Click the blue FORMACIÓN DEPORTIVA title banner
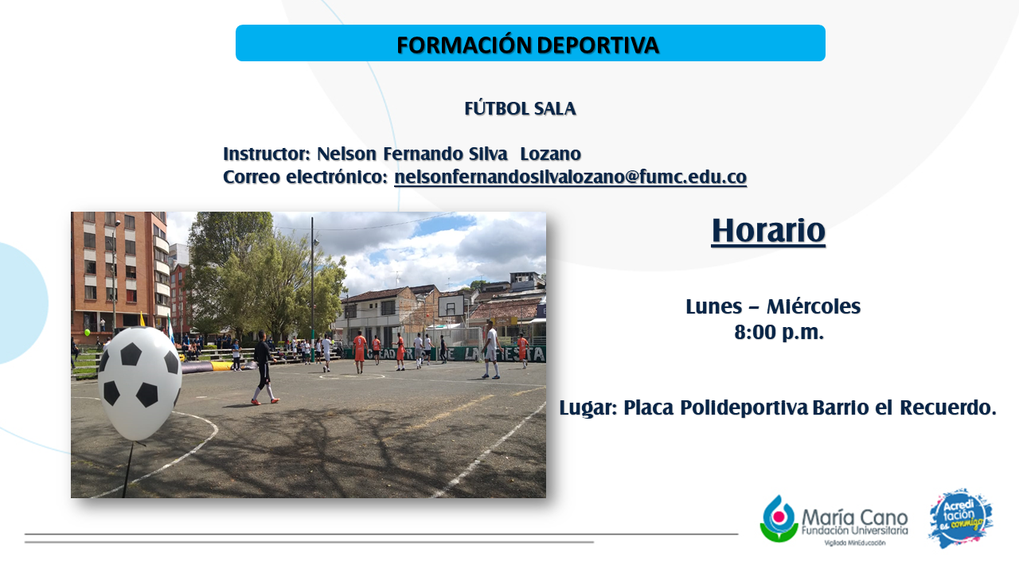tap(530, 43)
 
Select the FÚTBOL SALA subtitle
tap(520, 109)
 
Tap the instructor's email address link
tap(571, 177)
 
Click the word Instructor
tap(267, 154)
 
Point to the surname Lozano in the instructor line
tap(550, 154)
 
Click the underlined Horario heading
tap(768, 231)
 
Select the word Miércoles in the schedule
tap(814, 306)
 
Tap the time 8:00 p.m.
tap(779, 332)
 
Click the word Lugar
tap(588, 407)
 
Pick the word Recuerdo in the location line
tap(948, 407)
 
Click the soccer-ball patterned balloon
tap(140, 384)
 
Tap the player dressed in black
tap(264, 368)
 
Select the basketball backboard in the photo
tap(451, 305)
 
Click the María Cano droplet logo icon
tap(779, 519)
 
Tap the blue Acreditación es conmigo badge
tap(960, 518)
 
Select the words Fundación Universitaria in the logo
tap(855, 530)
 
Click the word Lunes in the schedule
tap(714, 306)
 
